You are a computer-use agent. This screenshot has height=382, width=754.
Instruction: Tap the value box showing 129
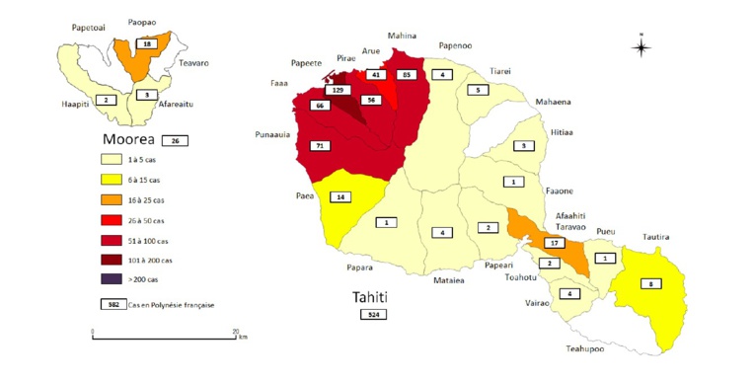tap(337, 89)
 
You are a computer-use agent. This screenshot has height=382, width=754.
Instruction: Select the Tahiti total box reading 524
tap(373, 314)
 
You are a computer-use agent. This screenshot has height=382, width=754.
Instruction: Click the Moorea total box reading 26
tap(174, 140)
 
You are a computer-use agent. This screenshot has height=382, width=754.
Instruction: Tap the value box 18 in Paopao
tap(147, 44)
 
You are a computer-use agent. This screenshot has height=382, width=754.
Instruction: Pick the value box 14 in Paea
tap(341, 196)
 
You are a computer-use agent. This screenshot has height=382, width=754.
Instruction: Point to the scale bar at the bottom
tap(164, 338)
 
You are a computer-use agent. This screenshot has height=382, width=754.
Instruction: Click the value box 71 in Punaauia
tap(318, 146)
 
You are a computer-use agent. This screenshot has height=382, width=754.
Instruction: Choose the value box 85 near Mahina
tap(405, 75)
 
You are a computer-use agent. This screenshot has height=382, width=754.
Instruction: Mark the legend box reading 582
tap(113, 305)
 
